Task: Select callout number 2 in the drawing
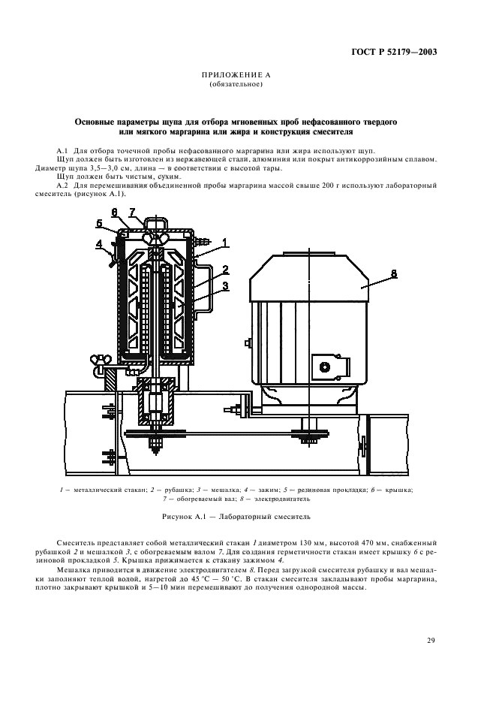point(224,268)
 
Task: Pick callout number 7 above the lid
point(133,212)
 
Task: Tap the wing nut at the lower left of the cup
point(98,360)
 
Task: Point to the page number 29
point(431,641)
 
